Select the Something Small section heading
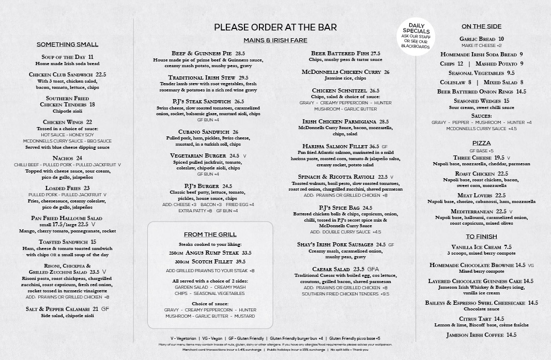click(x=67, y=44)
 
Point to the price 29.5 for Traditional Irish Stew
click(x=243, y=77)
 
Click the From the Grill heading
click(x=210, y=234)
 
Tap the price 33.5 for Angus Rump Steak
click(x=246, y=253)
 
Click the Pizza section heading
click(x=481, y=143)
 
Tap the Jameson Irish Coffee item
click(x=475, y=335)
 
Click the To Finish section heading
click(x=481, y=237)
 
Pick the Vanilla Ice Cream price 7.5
click(x=508, y=247)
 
